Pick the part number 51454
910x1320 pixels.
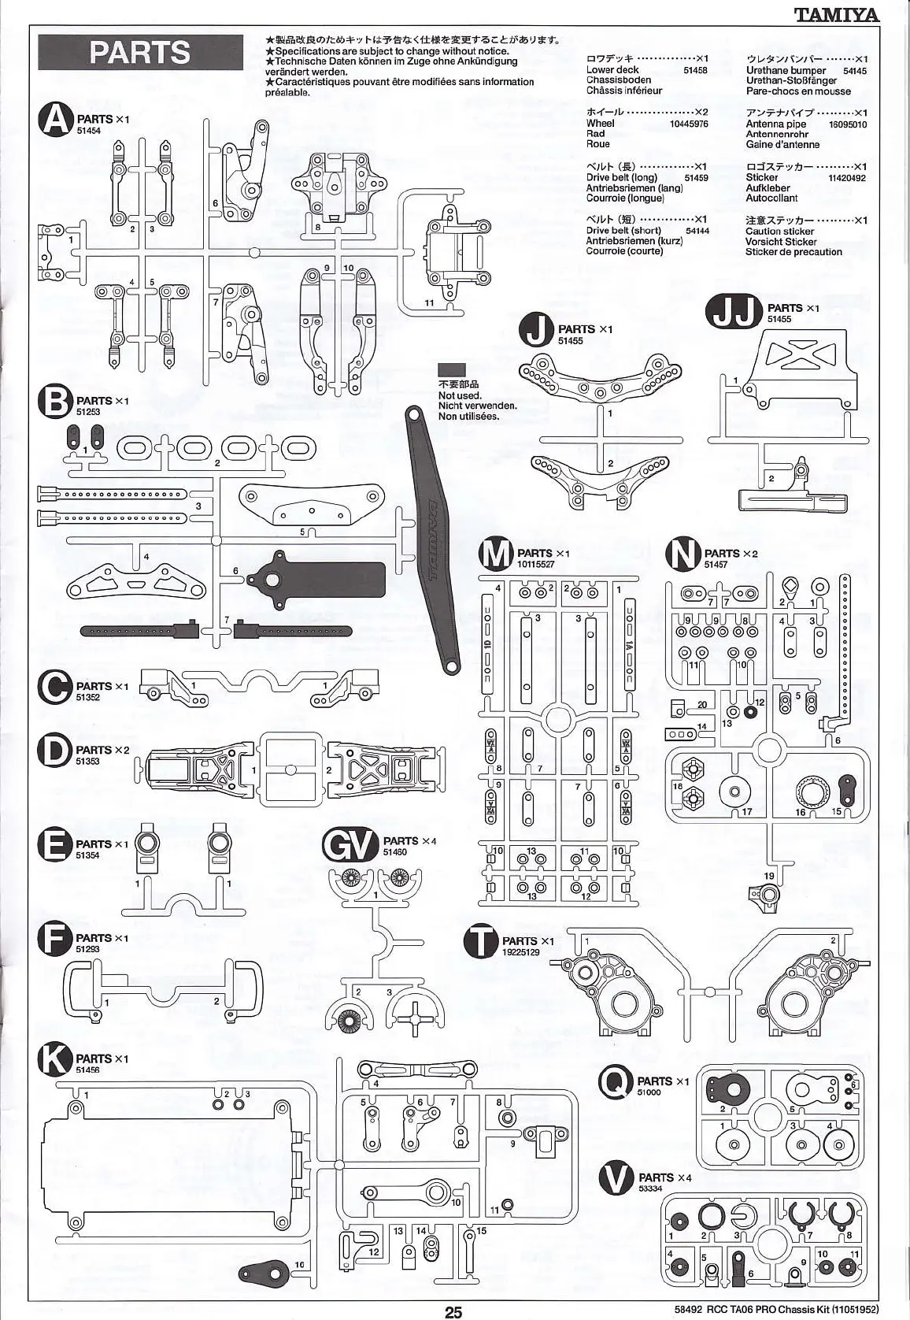89,132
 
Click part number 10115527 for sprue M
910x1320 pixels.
536,564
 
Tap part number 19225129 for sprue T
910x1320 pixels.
521,952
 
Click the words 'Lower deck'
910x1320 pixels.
612,70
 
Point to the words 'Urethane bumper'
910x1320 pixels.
786,71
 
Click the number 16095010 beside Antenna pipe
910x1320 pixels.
847,124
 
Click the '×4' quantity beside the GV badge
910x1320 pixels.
428,841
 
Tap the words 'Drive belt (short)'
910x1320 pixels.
623,231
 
